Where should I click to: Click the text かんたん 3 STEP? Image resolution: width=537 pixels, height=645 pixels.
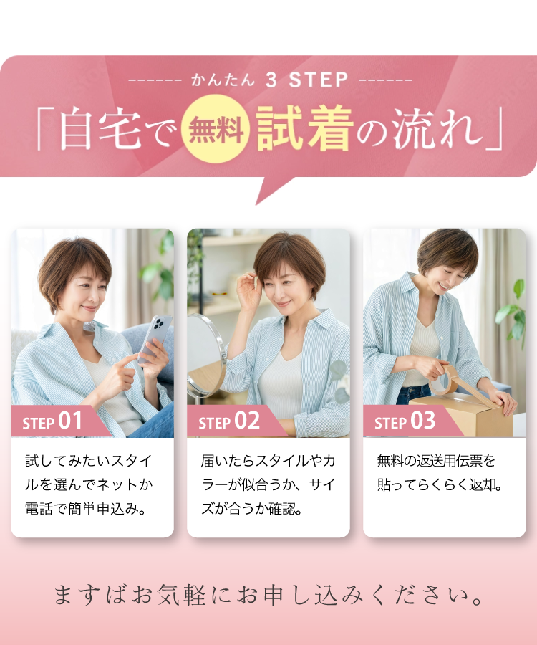click(269, 80)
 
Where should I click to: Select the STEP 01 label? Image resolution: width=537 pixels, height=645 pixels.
click(53, 421)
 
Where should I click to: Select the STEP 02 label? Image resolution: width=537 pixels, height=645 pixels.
click(229, 421)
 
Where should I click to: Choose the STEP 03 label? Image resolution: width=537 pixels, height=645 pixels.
click(405, 421)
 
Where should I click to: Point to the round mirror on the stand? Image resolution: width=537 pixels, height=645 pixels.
click(205, 355)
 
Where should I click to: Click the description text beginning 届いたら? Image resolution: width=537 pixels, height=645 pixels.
click(268, 484)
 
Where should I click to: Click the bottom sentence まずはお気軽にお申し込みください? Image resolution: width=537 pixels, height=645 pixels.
click(269, 595)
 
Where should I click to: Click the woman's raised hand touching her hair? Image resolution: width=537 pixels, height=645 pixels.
click(248, 290)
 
